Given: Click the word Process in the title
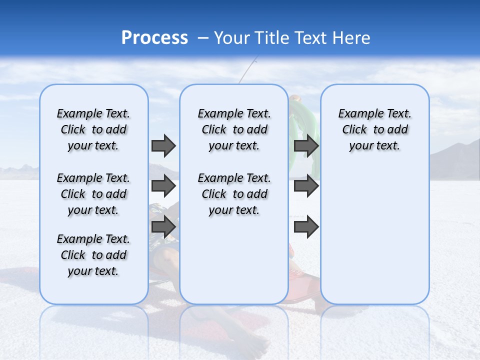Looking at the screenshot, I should click(154, 38).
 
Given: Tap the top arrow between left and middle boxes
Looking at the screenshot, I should click(163, 145).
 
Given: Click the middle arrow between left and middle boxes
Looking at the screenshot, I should click(163, 186).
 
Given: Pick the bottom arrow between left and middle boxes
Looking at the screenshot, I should click(163, 227).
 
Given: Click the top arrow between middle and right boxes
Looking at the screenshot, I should click(306, 145).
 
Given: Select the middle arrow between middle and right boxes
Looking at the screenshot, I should click(306, 186).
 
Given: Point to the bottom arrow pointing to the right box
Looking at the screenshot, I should click(306, 227).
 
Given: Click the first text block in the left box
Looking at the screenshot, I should click(93, 129).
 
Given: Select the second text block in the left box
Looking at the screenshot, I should click(93, 194).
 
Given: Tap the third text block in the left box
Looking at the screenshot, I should click(93, 255).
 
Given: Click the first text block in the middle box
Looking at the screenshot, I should click(234, 129).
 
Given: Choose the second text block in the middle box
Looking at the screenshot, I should click(234, 194).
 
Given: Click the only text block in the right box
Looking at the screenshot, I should click(374, 129).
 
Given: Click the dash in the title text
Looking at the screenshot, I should click(203, 38).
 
